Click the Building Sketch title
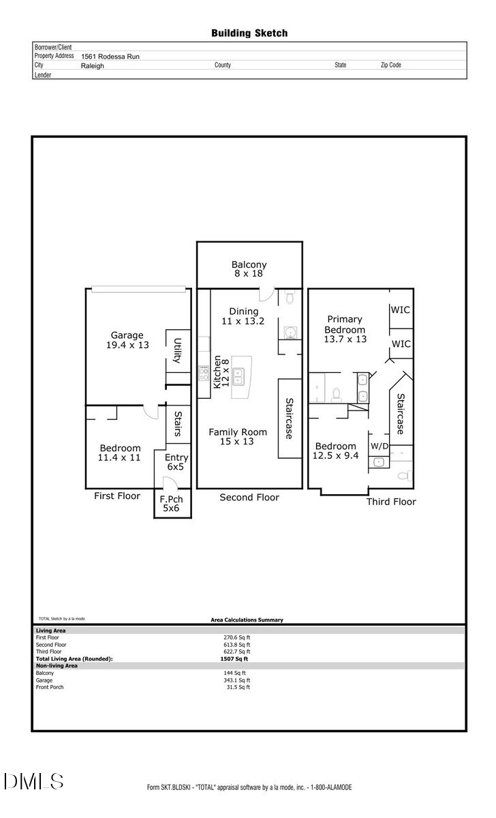click(249, 33)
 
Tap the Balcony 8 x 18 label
click(249, 269)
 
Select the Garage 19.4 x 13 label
click(127, 340)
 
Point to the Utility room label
click(177, 350)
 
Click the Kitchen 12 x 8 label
click(221, 372)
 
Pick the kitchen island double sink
click(238, 376)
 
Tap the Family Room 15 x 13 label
click(238, 437)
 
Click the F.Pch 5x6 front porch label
click(171, 504)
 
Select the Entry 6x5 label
click(176, 462)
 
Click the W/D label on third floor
click(379, 446)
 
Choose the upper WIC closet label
click(401, 310)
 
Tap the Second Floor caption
click(249, 498)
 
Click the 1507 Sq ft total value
click(234, 658)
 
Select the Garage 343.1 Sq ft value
click(237, 680)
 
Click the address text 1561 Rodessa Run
click(110, 57)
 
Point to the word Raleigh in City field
click(93, 65)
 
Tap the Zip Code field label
click(391, 65)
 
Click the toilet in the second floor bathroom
click(290, 297)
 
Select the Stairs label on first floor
click(178, 424)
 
